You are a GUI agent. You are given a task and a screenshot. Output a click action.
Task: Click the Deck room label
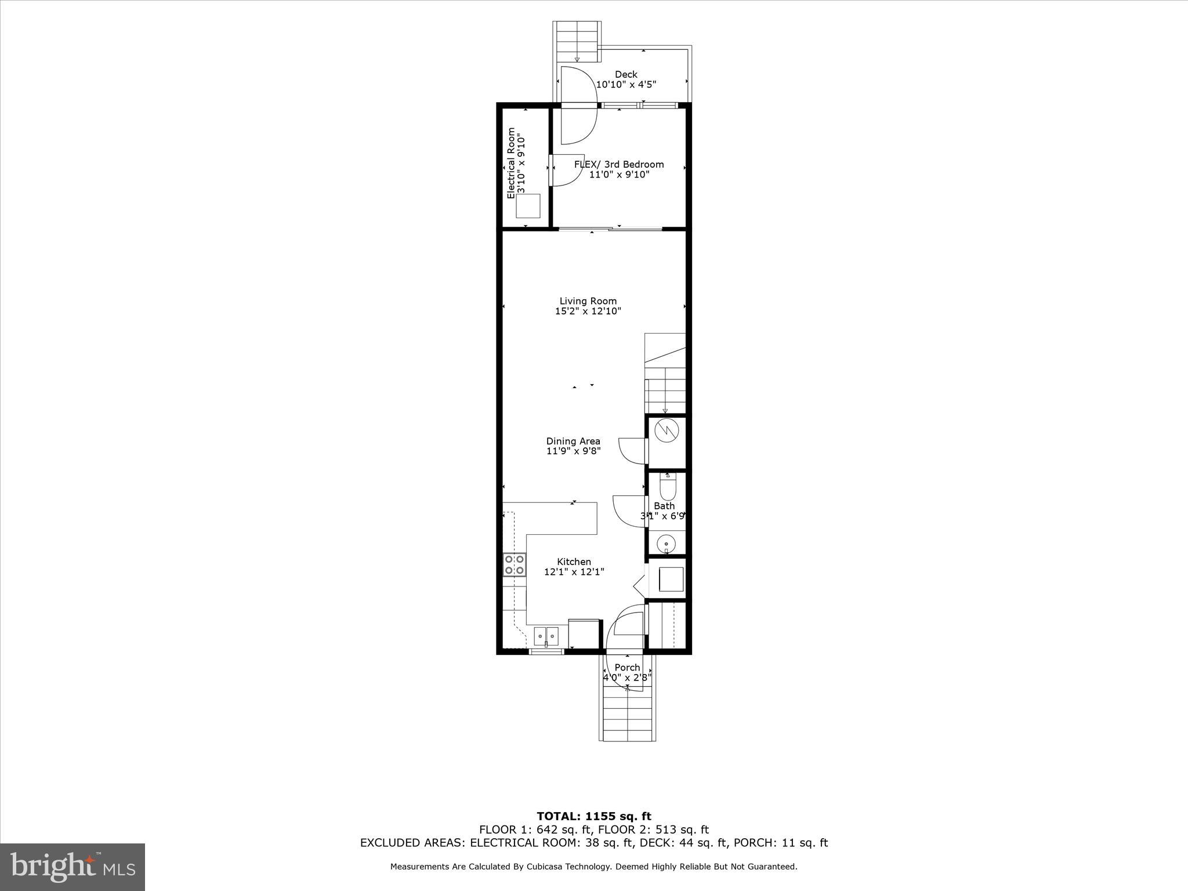(x=626, y=74)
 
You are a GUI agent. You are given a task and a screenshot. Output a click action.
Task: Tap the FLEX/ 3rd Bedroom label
(x=619, y=164)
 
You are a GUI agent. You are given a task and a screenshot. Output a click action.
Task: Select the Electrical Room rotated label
(x=511, y=163)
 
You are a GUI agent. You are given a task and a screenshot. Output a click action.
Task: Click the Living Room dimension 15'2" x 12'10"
(x=588, y=311)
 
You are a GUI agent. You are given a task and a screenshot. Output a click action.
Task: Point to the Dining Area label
(x=573, y=441)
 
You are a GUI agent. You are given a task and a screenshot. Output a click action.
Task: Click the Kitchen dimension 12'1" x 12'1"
(x=574, y=571)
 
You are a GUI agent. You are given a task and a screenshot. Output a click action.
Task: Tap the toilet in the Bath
(x=668, y=487)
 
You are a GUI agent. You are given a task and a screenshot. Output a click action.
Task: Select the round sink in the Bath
(x=666, y=544)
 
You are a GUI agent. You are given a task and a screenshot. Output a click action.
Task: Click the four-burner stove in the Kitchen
(x=515, y=564)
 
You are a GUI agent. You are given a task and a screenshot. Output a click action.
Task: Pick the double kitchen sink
(x=546, y=636)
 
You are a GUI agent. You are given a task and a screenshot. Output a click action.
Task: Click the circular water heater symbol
(x=666, y=430)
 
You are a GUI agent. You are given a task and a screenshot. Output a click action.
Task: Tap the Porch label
(x=627, y=667)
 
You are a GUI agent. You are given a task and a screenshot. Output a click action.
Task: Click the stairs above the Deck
(x=577, y=41)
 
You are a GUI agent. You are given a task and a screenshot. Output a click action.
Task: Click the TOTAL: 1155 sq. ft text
(x=593, y=816)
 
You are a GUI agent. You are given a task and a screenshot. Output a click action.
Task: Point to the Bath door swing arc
(x=629, y=510)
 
